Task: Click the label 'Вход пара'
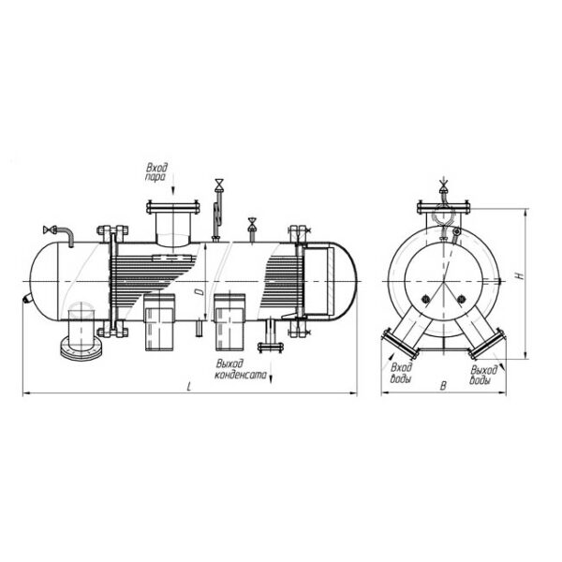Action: coord(156,172)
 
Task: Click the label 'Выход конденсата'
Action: coord(241,369)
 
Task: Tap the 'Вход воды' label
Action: coord(401,373)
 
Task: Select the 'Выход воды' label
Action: coord(482,375)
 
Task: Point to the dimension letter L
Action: coord(189,386)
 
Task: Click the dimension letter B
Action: coord(443,386)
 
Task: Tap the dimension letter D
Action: coord(200,292)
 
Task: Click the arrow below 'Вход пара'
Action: coord(173,184)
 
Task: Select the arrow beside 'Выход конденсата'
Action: coord(271,372)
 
